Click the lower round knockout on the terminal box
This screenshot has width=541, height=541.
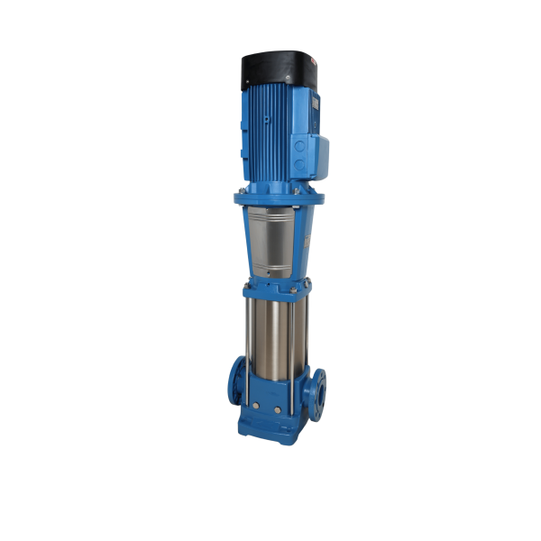click(x=299, y=166)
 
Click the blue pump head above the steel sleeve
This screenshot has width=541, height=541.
click(x=274, y=287)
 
